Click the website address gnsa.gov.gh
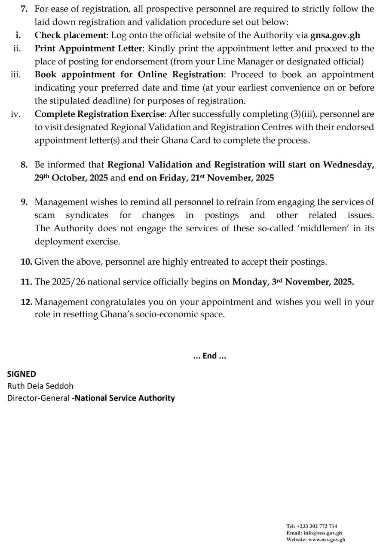[x=335, y=35]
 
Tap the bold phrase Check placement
[x=70, y=35]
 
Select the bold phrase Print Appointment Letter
[x=88, y=48]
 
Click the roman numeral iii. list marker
[x=15, y=74]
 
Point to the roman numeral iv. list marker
[x=15, y=114]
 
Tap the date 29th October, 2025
[x=71, y=177]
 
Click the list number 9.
[x=25, y=202]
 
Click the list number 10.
[x=26, y=262]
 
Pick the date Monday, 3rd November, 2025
[x=293, y=282]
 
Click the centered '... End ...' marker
[x=210, y=356]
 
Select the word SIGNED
[x=21, y=374]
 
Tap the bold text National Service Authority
[x=125, y=397]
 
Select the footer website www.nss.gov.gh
[x=327, y=540]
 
